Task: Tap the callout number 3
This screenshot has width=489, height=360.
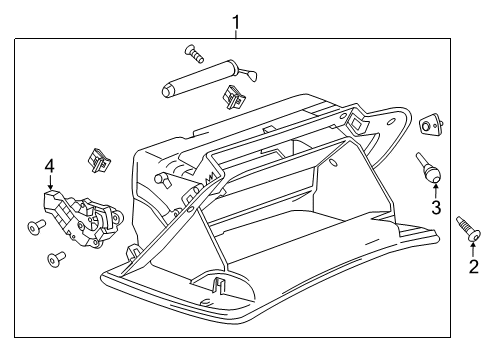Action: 435,207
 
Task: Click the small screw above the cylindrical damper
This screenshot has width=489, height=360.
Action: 192,52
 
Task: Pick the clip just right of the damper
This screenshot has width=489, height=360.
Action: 237,96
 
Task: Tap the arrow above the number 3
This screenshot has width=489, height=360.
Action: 435,190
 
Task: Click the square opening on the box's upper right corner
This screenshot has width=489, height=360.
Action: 357,121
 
